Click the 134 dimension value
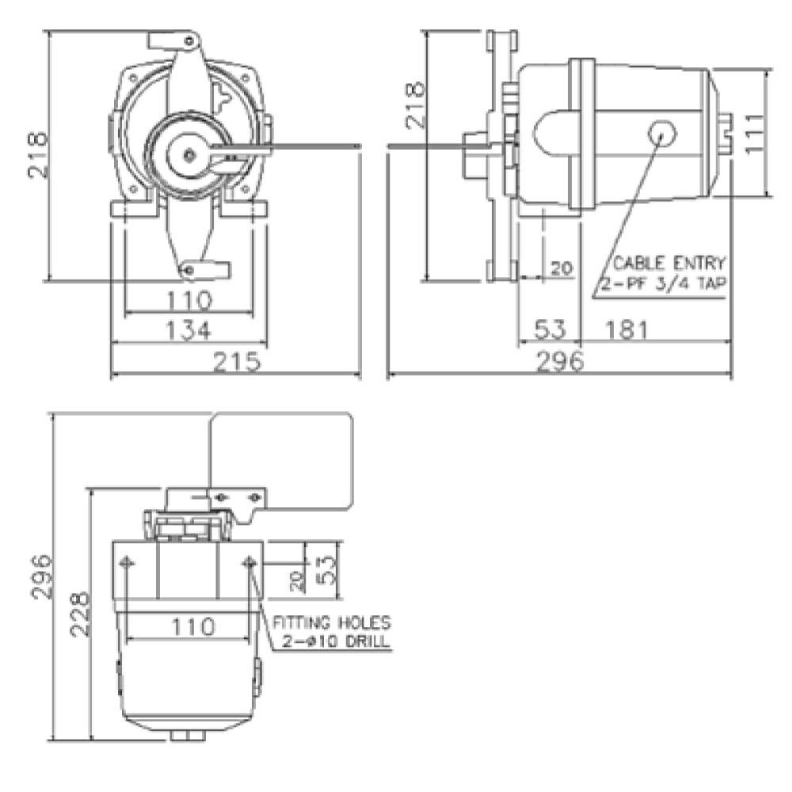point(190,329)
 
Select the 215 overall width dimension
point(237,361)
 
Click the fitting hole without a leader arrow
point(126,562)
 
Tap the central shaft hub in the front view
point(189,154)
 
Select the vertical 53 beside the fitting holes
point(327,568)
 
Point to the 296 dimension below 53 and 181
point(559,361)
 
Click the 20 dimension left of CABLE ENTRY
point(561,268)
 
